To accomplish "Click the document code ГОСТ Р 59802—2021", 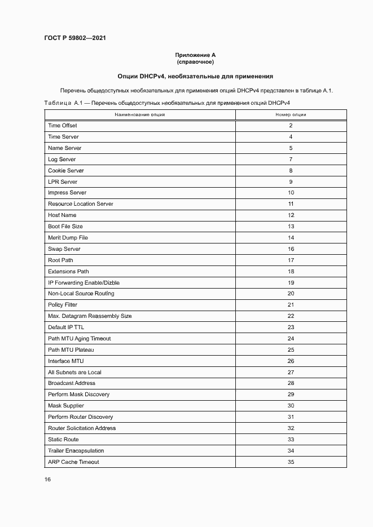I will (x=74, y=38).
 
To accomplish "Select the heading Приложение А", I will (x=195, y=55).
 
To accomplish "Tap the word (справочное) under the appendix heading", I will (x=195, y=62).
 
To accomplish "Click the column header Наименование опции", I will (x=140, y=114).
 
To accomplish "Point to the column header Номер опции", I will (x=291, y=114).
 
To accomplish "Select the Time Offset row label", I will (x=63, y=126).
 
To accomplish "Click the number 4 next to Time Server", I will (x=291, y=137).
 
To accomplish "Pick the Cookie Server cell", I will (x=66, y=171).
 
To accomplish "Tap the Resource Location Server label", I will (x=81, y=204).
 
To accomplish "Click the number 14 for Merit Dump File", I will (x=291, y=238).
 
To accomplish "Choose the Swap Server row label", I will (x=64, y=249).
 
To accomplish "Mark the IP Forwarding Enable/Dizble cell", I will (x=84, y=282).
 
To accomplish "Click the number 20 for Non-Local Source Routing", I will (x=291, y=294).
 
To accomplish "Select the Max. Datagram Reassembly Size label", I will (x=90, y=316).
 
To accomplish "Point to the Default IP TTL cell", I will (x=66, y=327).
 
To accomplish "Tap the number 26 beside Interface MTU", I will (x=291, y=361).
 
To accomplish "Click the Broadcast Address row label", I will (x=72, y=383).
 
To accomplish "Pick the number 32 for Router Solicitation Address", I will (x=291, y=428).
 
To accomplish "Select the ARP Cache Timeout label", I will (x=73, y=462).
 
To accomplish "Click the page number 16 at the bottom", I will (x=48, y=480).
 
